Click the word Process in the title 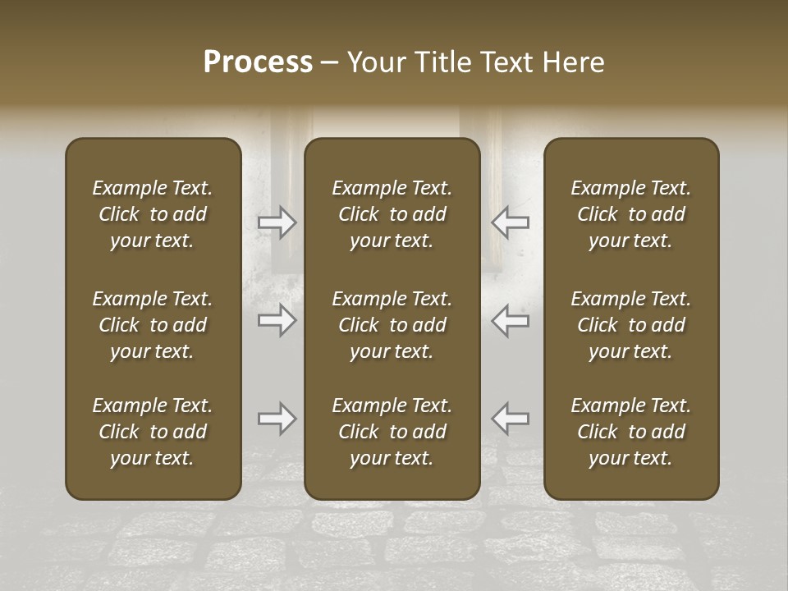click(258, 62)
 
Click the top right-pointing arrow click(277, 222)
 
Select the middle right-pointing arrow click(277, 320)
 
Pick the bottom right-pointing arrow click(277, 419)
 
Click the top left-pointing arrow click(510, 222)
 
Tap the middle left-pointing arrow click(510, 320)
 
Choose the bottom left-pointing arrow click(510, 419)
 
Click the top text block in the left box click(153, 214)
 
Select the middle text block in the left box click(153, 325)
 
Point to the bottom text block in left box click(153, 432)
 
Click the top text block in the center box click(392, 214)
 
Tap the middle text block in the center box click(392, 325)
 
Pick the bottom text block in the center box click(392, 432)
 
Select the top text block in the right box click(630, 214)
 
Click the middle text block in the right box click(630, 325)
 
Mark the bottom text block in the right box click(630, 432)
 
